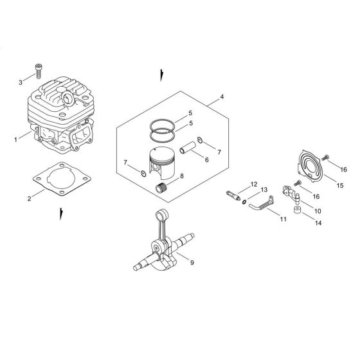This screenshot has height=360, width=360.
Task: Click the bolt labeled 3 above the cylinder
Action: coord(39,71)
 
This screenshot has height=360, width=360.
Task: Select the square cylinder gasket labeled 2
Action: coord(62,179)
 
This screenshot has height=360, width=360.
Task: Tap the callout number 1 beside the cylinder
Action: coord(15,139)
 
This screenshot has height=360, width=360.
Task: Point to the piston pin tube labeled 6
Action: coord(188,148)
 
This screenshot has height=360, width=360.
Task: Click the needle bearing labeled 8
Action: coord(161,188)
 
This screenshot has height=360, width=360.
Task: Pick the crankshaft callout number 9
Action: coord(192,262)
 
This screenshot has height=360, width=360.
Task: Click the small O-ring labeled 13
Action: coord(244,202)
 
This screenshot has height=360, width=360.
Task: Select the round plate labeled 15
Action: coord(310,166)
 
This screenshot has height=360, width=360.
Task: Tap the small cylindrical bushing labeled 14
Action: coord(298,210)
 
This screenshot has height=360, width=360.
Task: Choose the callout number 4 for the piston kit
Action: coord(222,97)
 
